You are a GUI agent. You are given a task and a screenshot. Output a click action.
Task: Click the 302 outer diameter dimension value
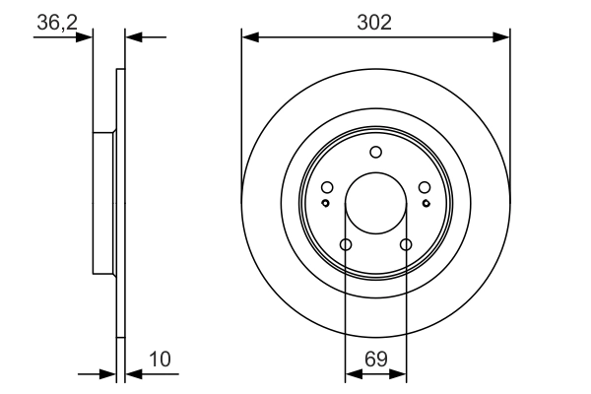coord(375,22)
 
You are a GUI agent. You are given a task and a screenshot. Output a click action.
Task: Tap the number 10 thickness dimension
coord(162,360)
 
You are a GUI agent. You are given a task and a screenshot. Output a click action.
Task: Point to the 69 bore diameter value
coord(375,360)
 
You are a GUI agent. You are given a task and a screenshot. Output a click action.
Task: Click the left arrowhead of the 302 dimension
coord(248,37)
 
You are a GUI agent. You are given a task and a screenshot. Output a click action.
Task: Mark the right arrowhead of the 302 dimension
coord(503,37)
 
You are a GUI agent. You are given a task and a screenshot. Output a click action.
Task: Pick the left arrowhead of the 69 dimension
coord(351,374)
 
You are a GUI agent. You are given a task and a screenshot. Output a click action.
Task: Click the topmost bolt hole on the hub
coord(375,152)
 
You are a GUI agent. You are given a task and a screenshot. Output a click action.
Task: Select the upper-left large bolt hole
coord(327,188)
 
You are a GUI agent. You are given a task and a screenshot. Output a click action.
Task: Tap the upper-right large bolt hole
coord(424,188)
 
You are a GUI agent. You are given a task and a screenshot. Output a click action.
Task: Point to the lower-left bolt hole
coord(346,245)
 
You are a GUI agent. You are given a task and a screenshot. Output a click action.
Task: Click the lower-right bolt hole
coord(405,245)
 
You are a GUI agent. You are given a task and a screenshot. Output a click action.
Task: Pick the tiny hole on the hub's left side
coord(325,203)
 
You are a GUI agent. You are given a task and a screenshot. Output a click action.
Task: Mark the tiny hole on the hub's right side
coord(426,203)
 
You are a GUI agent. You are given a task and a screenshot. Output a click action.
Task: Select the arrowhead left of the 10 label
coord(110,374)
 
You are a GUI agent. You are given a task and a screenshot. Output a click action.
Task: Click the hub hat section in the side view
coord(102,203)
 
